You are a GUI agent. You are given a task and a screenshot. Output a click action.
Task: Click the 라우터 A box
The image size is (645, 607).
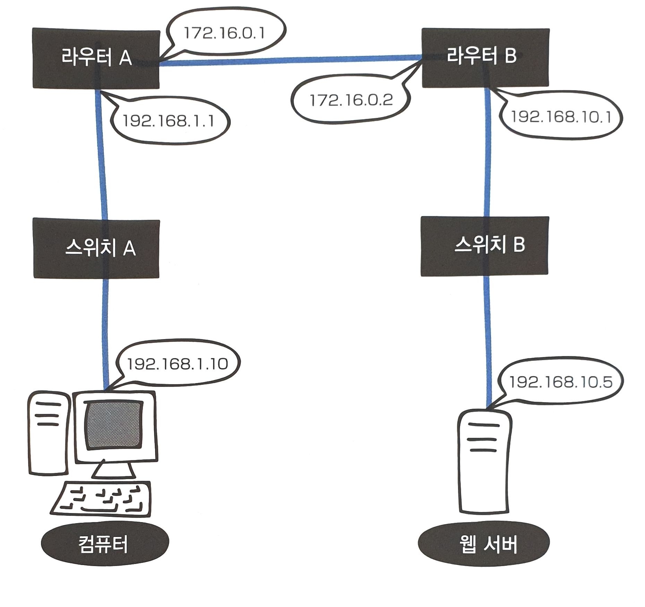click(96, 58)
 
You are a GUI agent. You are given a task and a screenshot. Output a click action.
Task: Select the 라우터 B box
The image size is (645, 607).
click(485, 58)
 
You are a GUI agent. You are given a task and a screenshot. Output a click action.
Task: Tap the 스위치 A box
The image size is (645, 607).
click(96, 248)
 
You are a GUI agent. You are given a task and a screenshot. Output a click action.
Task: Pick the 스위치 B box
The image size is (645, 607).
click(484, 246)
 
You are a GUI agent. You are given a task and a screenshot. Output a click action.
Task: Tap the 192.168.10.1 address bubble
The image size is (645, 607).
click(561, 117)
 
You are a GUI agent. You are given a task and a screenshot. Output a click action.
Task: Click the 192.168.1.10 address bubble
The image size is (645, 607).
click(177, 364)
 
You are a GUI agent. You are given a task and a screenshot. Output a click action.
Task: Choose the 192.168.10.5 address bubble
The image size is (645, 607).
click(560, 382)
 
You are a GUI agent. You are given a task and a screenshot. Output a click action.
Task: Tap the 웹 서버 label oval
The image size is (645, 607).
click(484, 544)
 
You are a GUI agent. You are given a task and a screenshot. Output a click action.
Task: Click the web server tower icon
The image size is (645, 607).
click(484, 461)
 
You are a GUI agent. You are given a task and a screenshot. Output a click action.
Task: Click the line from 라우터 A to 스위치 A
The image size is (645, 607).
click(102, 156)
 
